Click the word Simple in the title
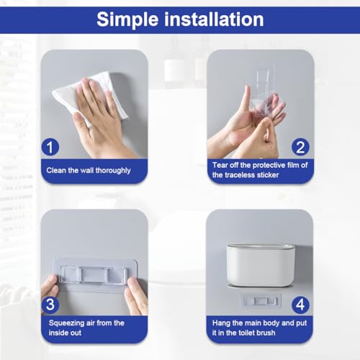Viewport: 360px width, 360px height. pos(127,20)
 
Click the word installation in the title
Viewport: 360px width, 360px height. pos(214,19)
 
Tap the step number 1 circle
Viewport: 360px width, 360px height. pos(50,147)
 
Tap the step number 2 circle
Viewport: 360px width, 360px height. pos(300,147)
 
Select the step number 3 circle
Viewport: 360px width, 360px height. pos(50,305)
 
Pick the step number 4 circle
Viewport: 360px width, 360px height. pos(300,305)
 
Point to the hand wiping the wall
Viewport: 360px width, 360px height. pos(101,117)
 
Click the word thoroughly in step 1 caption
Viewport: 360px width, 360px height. pos(113,171)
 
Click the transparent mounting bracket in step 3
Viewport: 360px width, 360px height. pos(94,274)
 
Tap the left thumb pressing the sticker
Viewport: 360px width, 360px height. pos(51,286)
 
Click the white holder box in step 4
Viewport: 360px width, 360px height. pos(261,265)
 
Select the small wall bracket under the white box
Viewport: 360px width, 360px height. pos(261,300)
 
